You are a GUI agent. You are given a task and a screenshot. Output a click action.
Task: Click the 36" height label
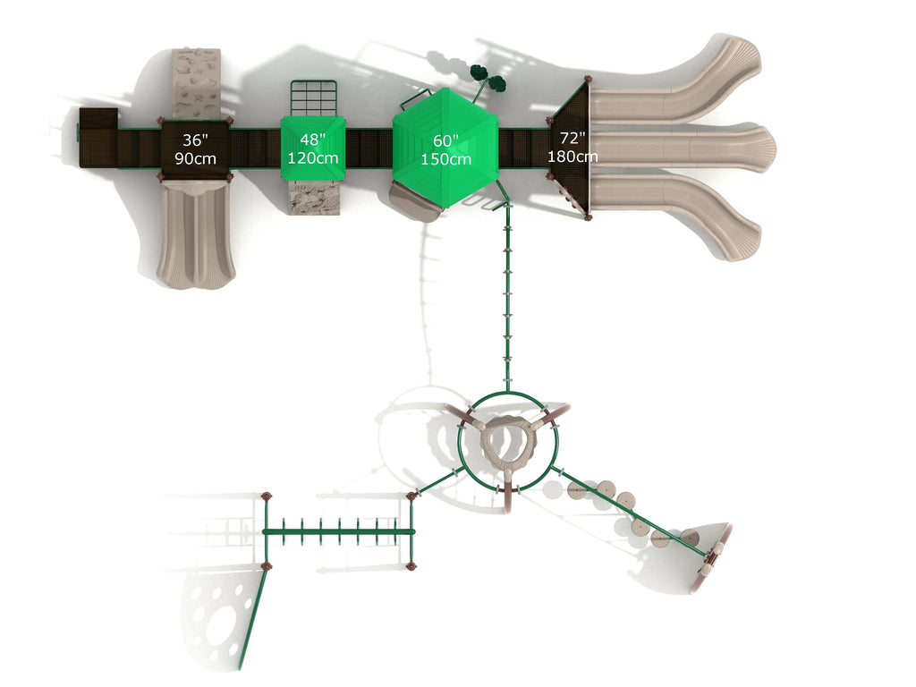(x=195, y=140)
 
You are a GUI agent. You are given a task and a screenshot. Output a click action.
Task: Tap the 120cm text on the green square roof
(x=313, y=158)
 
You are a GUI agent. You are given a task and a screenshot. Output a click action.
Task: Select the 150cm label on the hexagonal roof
(x=445, y=159)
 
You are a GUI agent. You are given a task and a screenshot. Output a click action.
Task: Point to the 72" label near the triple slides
(x=572, y=138)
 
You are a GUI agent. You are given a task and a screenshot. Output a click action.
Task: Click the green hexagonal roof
(x=445, y=148)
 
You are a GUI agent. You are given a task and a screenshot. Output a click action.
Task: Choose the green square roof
(x=313, y=148)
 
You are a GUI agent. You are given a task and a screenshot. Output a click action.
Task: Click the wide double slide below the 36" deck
(x=196, y=233)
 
